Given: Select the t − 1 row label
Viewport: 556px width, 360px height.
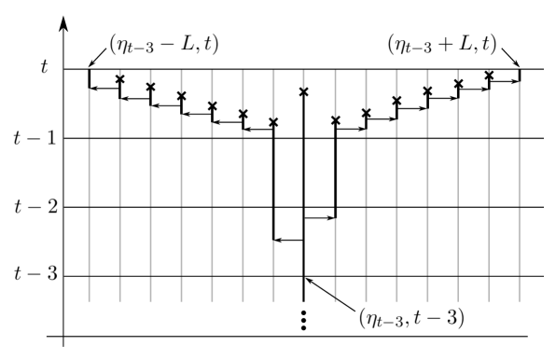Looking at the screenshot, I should pyautogui.click(x=35, y=138).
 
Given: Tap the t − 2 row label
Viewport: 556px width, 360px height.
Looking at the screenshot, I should pyautogui.click(x=36, y=207).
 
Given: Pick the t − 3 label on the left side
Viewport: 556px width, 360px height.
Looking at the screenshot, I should pyautogui.click(x=36, y=274).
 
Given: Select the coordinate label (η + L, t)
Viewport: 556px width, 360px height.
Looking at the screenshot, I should pyautogui.click(x=442, y=43).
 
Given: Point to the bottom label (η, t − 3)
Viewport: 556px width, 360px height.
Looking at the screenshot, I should pyautogui.click(x=411, y=318).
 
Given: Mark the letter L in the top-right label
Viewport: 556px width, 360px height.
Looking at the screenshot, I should pyautogui.click(x=470, y=43).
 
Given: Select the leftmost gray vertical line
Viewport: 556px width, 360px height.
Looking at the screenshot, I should pyautogui.click(x=89, y=196).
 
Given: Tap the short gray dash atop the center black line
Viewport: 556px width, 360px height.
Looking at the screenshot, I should pyautogui.click(x=303, y=79).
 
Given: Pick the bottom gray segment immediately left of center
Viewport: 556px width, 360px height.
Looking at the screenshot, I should pyautogui.click(x=273, y=270).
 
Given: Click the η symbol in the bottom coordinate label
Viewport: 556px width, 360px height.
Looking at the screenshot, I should pyautogui.click(x=370, y=319).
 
